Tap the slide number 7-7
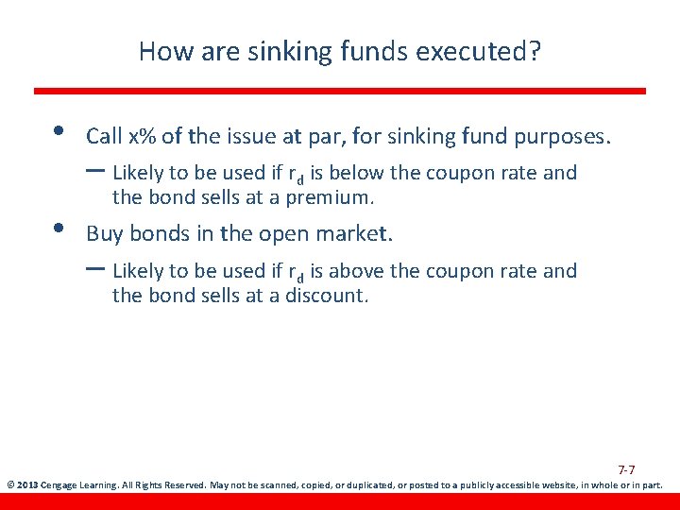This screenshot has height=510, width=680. [626, 469]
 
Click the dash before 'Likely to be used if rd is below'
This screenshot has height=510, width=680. [95, 171]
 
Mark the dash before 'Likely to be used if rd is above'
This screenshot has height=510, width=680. [95, 268]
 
